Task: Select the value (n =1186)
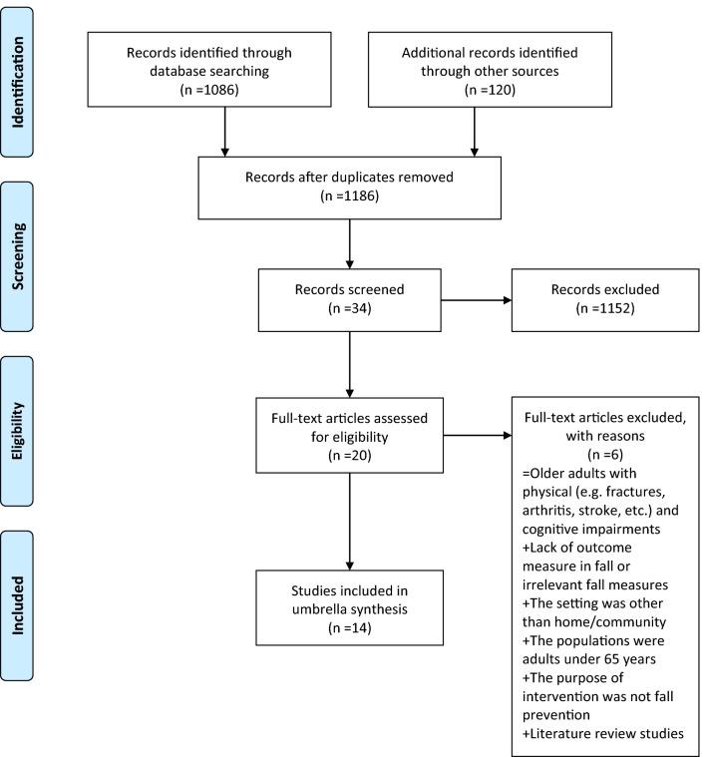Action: click(351, 197)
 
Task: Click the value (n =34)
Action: click(351, 307)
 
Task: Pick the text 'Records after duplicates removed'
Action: click(351, 179)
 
